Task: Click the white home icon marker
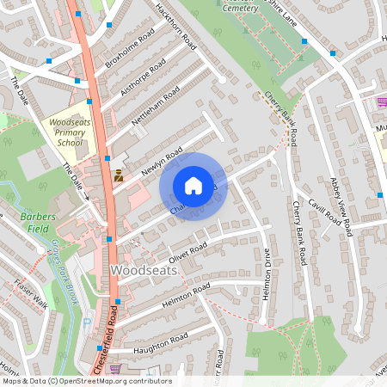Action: (x=193, y=186)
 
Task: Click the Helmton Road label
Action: (x=181, y=298)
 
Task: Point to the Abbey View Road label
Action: (x=341, y=206)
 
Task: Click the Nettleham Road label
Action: (x=156, y=107)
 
